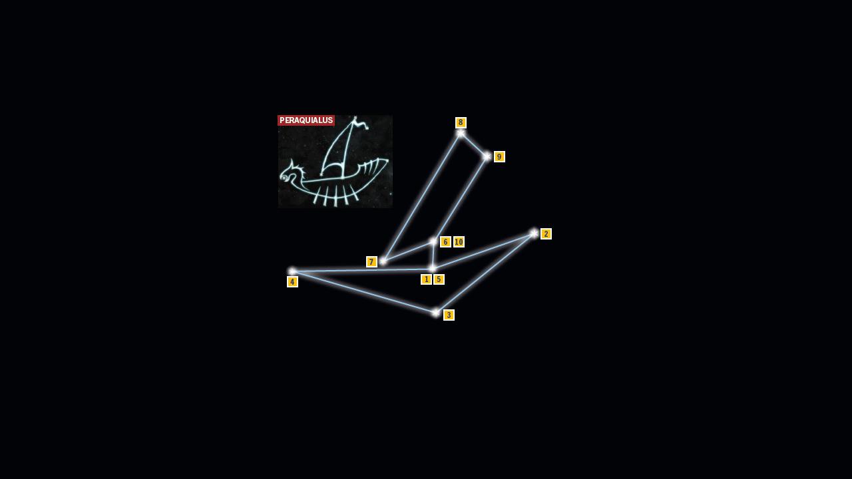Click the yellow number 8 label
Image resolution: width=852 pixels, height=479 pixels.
coord(461,122)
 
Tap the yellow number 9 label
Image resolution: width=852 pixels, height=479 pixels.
coord(499,156)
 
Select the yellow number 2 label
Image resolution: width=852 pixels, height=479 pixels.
coord(546,234)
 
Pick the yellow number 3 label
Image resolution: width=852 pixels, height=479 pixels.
coord(449,315)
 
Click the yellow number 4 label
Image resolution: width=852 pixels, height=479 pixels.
coord(292,281)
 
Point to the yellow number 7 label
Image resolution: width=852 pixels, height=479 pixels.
coord(371,261)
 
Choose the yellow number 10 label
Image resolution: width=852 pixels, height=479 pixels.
coord(459,241)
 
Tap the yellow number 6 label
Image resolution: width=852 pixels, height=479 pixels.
coord(445,241)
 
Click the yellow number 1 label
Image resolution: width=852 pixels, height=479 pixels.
coord(427,279)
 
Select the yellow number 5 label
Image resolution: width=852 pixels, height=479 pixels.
coord(439,279)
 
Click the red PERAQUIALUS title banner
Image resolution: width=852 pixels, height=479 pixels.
coord(306,120)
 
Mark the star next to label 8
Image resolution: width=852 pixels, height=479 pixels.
coord(461,133)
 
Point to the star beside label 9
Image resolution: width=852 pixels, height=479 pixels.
coord(487,156)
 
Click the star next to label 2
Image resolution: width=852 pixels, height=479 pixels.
coord(534,234)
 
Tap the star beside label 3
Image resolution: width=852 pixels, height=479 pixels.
coord(435,313)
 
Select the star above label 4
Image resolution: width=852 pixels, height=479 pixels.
coord(292,271)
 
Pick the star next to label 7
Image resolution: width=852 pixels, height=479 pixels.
coord(383,261)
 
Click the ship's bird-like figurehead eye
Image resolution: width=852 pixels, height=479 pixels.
coord(284,178)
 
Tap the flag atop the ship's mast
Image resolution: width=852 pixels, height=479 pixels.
coord(361,123)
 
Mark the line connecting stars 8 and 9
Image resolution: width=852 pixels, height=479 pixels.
coord(474,145)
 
